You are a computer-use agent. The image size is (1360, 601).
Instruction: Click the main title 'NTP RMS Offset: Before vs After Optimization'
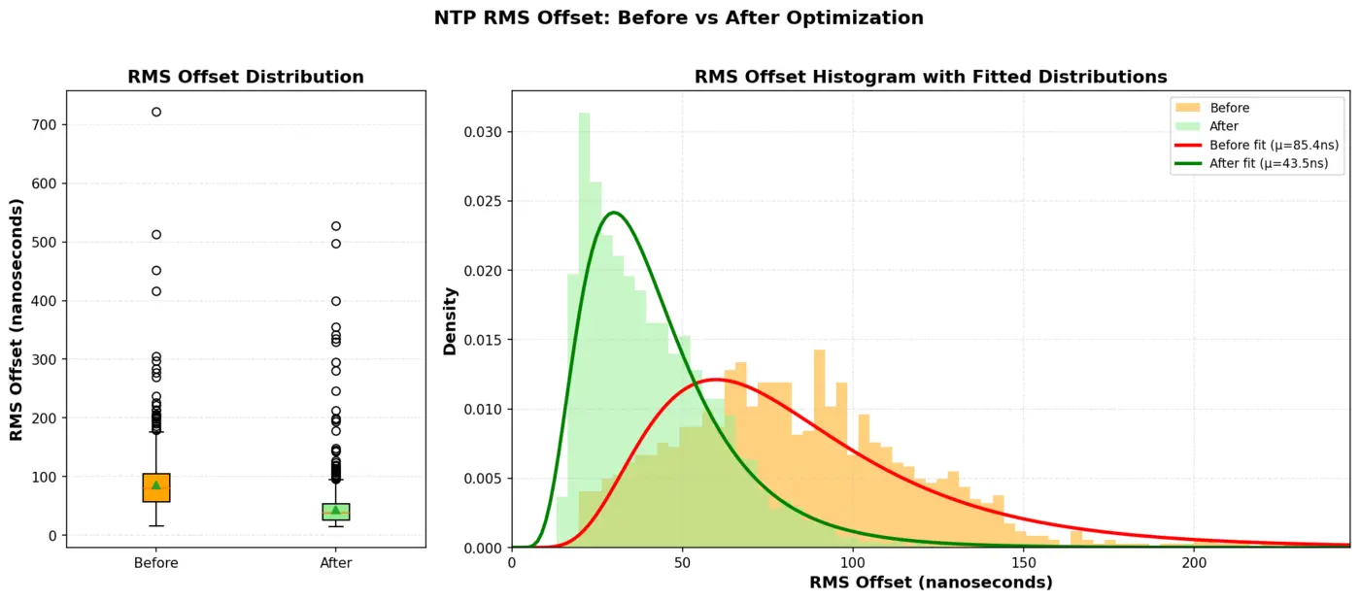pyautogui.click(x=678, y=17)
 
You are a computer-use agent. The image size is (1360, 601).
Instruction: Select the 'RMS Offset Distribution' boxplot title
pyautogui.click(x=246, y=77)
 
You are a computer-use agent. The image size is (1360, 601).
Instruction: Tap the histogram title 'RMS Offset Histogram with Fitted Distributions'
pyautogui.click(x=930, y=77)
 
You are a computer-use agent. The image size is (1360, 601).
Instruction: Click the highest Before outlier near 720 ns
pyautogui.click(x=156, y=112)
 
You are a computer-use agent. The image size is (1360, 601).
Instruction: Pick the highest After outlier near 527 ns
pyautogui.click(x=336, y=226)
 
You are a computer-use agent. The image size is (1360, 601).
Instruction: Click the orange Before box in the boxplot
pyautogui.click(x=156, y=488)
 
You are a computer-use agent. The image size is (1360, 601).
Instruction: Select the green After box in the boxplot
pyautogui.click(x=336, y=512)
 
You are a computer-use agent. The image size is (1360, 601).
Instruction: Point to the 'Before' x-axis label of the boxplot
pyautogui.click(x=156, y=563)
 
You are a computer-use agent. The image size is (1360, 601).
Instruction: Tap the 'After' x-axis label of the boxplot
pyautogui.click(x=336, y=563)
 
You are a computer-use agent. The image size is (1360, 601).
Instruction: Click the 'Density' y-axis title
pyautogui.click(x=451, y=320)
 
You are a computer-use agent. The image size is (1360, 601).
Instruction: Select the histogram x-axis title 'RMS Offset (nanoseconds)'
pyautogui.click(x=930, y=584)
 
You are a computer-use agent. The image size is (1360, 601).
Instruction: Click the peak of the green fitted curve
pyautogui.click(x=613, y=213)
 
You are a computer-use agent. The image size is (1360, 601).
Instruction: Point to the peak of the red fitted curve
pyautogui.click(x=716, y=379)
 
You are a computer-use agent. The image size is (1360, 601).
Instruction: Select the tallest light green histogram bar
pyautogui.click(x=584, y=330)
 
